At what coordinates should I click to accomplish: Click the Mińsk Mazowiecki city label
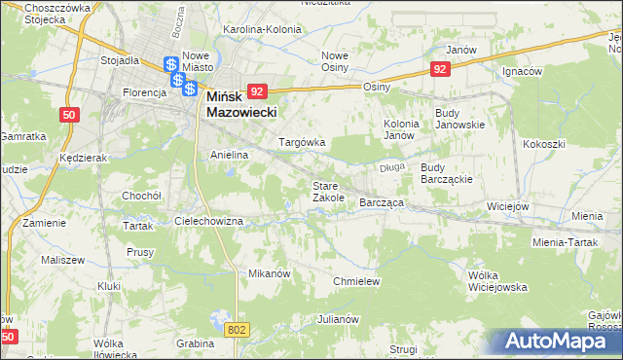[241, 104]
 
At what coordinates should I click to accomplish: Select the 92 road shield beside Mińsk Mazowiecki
[257, 90]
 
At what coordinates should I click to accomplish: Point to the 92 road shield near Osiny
[441, 68]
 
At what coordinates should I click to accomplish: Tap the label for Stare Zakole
[328, 191]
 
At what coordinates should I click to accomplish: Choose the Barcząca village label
[382, 202]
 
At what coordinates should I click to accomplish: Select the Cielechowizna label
[215, 221]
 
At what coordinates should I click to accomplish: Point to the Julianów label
[340, 319]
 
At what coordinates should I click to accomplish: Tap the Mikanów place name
[270, 273]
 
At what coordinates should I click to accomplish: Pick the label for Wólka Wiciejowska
[496, 281]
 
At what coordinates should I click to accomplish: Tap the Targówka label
[302, 142]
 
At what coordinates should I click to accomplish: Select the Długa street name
[391, 167]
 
